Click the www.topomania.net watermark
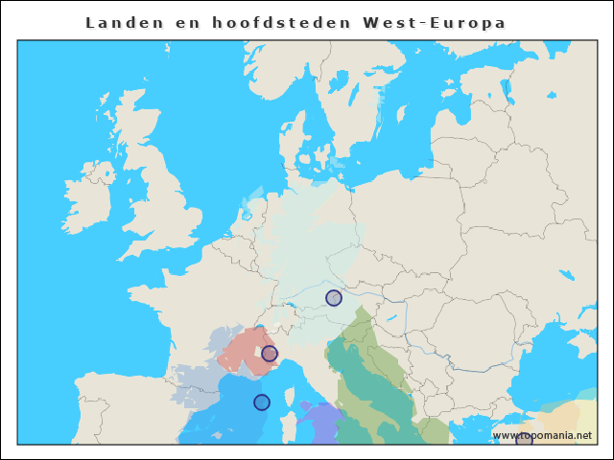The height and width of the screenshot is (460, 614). click(x=541, y=435)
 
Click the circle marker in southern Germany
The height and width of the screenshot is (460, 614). click(x=333, y=298)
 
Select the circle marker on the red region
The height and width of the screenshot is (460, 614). click(x=270, y=354)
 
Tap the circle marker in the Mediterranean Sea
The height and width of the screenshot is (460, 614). click(x=261, y=402)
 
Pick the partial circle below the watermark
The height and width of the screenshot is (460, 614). click(x=524, y=441)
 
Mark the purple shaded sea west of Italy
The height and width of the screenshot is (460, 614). click(x=321, y=422)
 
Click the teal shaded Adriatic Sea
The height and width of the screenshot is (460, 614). click(x=369, y=383)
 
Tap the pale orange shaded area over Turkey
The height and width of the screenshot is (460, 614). click(x=566, y=422)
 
